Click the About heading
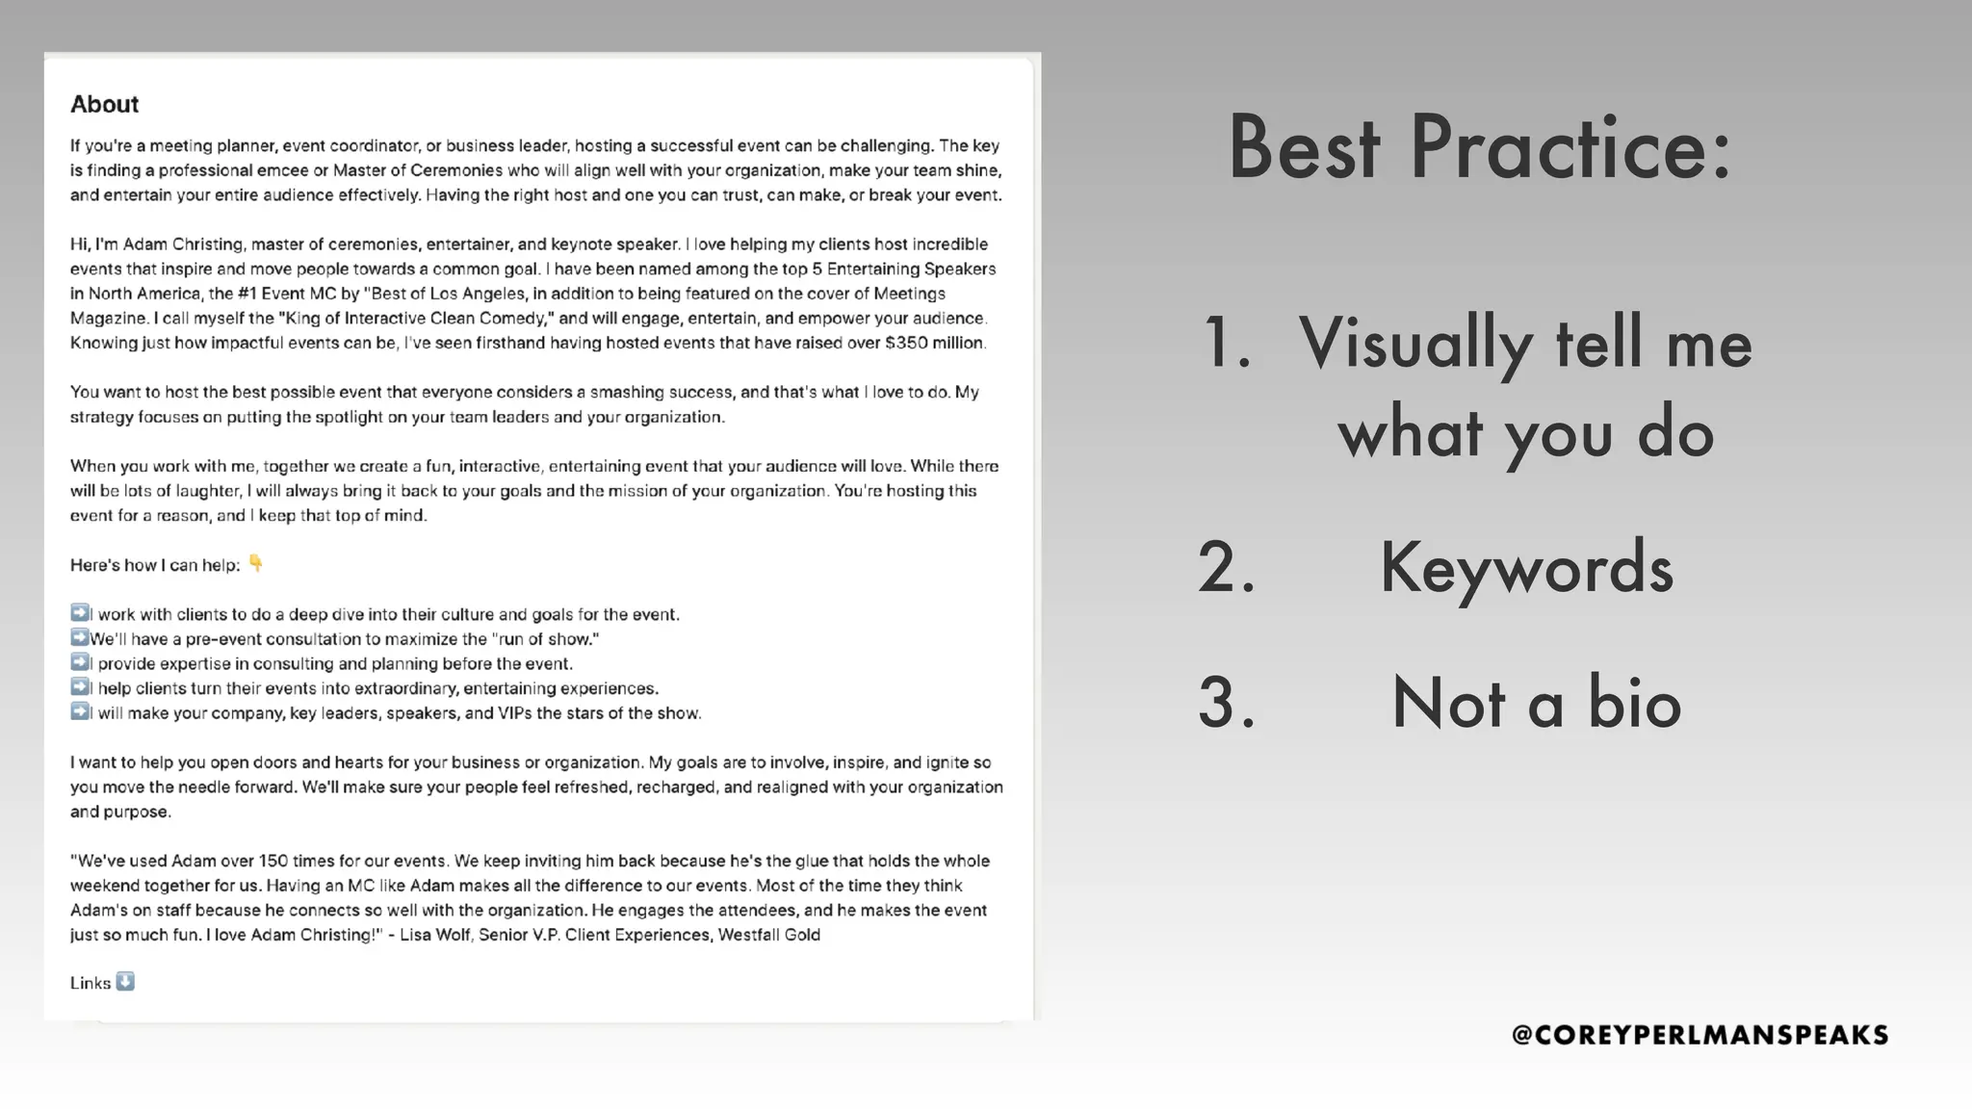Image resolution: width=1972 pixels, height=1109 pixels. click(x=104, y=104)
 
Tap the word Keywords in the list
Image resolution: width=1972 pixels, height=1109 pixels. click(x=1526, y=568)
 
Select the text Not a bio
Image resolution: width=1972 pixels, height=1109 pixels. click(x=1536, y=703)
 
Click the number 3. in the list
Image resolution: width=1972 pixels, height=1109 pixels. click(x=1227, y=703)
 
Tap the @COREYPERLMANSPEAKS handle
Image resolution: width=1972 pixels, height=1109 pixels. click(x=1700, y=1035)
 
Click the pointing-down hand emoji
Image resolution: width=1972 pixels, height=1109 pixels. click(x=255, y=563)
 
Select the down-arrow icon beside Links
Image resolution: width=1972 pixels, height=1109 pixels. click(x=125, y=982)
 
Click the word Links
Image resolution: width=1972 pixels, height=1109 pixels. click(x=90, y=983)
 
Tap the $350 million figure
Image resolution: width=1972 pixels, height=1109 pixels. click(x=934, y=343)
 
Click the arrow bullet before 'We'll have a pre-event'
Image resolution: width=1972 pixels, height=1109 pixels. click(x=79, y=637)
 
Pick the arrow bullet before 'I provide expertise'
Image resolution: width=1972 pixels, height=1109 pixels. click(x=79, y=662)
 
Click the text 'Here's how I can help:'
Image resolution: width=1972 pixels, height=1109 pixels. click(x=155, y=565)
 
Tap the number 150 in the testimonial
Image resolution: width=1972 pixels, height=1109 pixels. click(x=273, y=861)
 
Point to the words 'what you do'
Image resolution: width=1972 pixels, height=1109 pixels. click(x=1525, y=433)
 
